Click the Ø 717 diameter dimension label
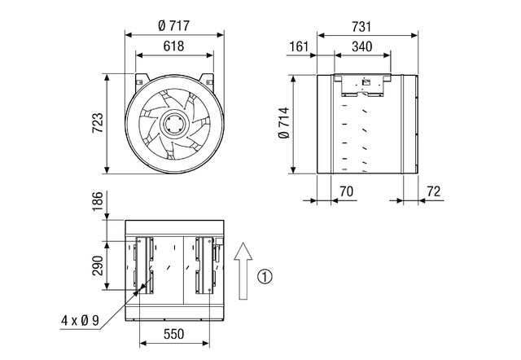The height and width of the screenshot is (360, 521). coord(173,25)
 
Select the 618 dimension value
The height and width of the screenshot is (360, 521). coord(173,46)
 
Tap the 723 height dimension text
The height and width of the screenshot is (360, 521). coord(98,123)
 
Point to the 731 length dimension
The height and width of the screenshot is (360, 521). coord(361,27)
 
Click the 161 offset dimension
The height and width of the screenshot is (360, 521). coord(299,46)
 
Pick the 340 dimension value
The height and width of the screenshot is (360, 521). coord(361,46)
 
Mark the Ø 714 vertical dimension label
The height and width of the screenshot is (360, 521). coord(283,123)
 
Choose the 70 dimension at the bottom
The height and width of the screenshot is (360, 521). coord(346,191)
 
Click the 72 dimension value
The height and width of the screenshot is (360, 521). coord(433,191)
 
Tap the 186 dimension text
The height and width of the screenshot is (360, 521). coord(98,201)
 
